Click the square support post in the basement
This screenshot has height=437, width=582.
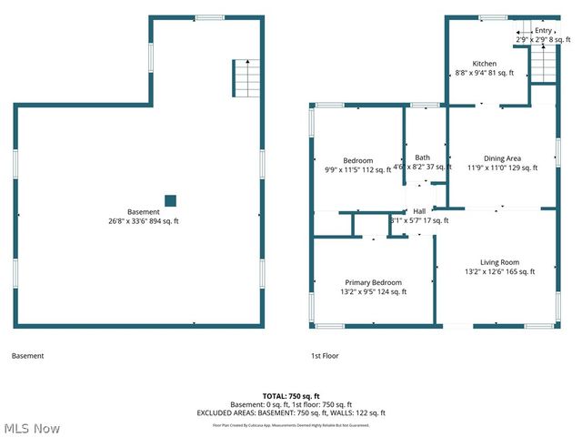(170, 201)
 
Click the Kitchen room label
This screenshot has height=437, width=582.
(484, 64)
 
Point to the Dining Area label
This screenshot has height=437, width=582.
(501, 158)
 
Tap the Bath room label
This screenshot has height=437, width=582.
(423, 158)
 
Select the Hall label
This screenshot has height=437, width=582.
(419, 211)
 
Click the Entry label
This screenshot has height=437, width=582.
(543, 30)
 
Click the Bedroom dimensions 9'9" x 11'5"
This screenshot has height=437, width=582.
(357, 169)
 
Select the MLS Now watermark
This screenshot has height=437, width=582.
(32, 427)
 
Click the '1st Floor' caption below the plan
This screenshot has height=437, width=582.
(325, 356)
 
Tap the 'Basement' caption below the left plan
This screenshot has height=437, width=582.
(27, 356)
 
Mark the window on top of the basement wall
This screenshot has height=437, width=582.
(210, 16)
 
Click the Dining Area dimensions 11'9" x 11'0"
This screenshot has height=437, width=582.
(503, 168)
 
